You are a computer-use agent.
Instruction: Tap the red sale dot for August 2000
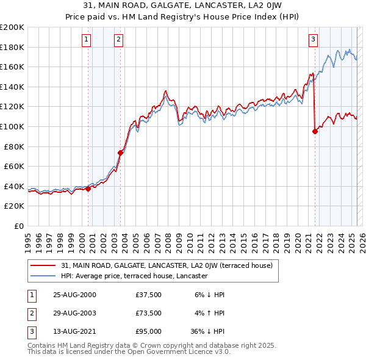88,189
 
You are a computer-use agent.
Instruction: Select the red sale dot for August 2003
121,153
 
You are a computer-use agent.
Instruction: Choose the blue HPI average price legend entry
134,276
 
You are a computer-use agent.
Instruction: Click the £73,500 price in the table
149,314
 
